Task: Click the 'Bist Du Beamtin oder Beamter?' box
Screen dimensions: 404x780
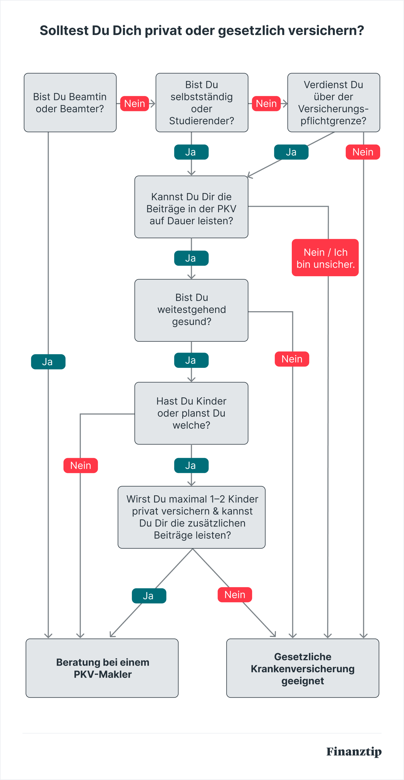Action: [x=70, y=103]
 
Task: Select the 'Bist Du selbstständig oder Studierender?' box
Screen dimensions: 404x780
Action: [x=202, y=103]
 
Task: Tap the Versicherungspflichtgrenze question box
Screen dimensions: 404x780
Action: [x=334, y=103]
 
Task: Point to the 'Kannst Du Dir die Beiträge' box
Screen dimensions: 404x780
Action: [x=191, y=207]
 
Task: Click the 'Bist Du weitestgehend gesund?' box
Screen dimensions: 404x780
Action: [x=191, y=310]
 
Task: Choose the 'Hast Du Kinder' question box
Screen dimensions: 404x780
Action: [x=191, y=413]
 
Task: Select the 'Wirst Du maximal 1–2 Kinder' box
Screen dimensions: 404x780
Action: [x=192, y=517]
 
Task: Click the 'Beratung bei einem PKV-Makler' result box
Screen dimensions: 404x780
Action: [x=102, y=668]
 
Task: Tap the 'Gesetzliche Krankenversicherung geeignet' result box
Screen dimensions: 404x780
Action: [x=303, y=668]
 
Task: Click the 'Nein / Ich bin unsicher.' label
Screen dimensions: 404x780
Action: [x=325, y=258]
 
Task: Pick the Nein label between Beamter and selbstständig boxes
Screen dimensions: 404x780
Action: [x=135, y=104]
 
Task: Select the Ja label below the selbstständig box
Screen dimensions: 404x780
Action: [x=191, y=152]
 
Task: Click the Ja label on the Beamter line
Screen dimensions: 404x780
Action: [x=48, y=362]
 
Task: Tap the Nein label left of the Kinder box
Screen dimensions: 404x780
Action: [x=81, y=465]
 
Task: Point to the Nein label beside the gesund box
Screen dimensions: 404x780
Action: [x=292, y=359]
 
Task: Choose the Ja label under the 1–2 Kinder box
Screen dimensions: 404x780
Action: [x=149, y=596]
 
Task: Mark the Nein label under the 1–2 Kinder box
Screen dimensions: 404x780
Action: [x=235, y=595]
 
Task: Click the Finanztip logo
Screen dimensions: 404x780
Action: [x=354, y=752]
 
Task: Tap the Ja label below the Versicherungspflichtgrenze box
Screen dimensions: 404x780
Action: [x=291, y=152]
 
